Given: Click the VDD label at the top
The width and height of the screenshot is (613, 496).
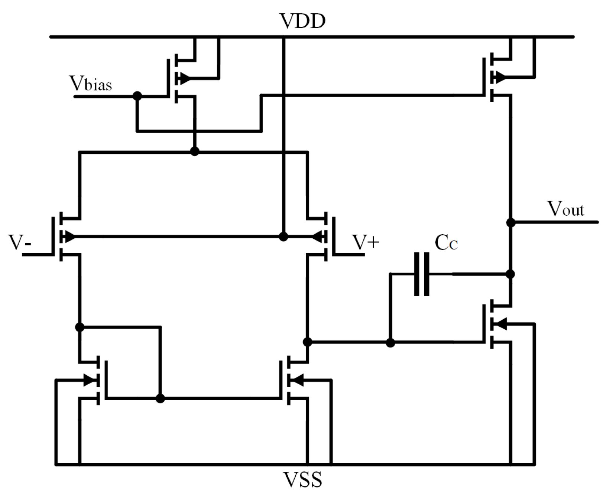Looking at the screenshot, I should tap(303, 21).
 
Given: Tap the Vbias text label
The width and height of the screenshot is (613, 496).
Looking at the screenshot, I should tap(90, 84).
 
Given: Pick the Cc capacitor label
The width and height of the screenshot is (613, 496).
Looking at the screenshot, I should tap(446, 243).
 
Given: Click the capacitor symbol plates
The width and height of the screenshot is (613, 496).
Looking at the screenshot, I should tap(422, 274).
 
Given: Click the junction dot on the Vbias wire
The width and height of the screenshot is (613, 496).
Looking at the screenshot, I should tap(137, 96).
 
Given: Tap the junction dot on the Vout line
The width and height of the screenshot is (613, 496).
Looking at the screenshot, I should tap(511, 222).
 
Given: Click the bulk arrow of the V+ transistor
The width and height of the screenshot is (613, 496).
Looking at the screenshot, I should tap(317, 236).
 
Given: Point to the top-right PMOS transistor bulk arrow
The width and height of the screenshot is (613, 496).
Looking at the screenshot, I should tap(500, 78).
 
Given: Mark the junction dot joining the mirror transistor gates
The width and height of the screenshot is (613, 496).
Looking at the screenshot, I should tap(160, 399).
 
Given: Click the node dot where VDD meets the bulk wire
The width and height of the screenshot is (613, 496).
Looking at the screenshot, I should tap(283, 236).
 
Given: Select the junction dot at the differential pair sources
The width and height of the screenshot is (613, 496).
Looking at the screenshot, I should tap(194, 151).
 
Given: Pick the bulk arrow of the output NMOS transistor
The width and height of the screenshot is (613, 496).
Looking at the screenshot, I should tap(501, 324).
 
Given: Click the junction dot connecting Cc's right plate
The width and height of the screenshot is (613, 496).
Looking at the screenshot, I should tap(510, 274).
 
